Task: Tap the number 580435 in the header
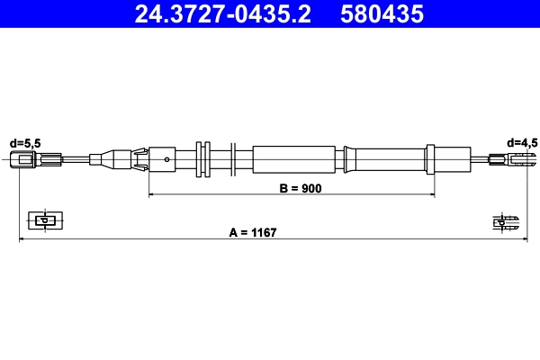(382, 14)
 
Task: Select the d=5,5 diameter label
(24, 142)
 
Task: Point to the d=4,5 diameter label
(521, 142)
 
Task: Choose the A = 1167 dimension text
(252, 232)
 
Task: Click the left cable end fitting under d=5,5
(24, 161)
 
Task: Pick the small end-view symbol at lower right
(505, 221)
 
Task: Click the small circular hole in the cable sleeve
(167, 161)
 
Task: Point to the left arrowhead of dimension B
(152, 194)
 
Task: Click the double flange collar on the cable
(202, 161)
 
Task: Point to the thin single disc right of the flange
(233, 161)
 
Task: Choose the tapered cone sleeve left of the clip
(112, 161)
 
